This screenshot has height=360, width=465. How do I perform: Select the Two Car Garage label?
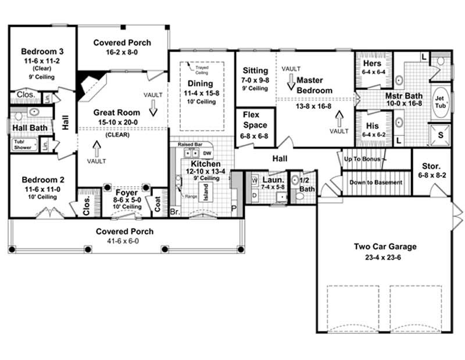(x=385, y=246)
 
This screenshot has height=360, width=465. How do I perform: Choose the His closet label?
(x=373, y=125)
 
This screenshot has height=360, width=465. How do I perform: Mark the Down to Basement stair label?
(x=375, y=182)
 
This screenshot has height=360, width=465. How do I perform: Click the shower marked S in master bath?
(x=439, y=135)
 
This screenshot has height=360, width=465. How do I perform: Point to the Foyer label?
(x=126, y=193)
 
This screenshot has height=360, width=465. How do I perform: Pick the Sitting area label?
(x=255, y=71)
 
